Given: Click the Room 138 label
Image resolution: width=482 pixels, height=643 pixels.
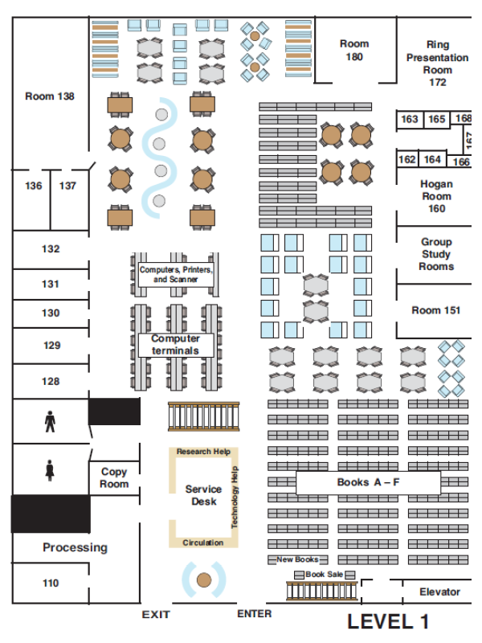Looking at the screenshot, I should [x=50, y=96].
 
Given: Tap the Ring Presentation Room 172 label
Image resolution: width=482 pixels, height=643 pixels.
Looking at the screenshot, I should [x=437, y=63].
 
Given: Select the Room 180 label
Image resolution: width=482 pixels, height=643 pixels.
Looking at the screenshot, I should [x=354, y=50].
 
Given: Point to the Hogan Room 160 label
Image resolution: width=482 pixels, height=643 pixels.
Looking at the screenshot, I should [x=436, y=196].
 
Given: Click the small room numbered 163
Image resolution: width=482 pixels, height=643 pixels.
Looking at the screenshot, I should [x=410, y=119].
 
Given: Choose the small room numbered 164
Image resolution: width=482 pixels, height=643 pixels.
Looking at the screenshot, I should [x=433, y=159].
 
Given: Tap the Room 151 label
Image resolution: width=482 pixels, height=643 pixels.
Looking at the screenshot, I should [x=436, y=310].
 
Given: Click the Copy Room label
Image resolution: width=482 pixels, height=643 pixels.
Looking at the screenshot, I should [x=114, y=478].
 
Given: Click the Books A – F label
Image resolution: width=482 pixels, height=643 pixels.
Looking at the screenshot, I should [x=368, y=483].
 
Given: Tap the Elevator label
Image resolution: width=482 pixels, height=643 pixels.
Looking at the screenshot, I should [x=439, y=592].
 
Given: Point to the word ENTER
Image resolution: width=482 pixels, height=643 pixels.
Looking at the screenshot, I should [x=254, y=614].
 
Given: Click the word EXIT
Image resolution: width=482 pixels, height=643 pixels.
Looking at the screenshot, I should [x=156, y=615].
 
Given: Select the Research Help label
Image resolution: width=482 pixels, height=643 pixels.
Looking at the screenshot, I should [x=203, y=452].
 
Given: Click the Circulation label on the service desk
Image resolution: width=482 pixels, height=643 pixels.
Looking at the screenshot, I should [x=203, y=543].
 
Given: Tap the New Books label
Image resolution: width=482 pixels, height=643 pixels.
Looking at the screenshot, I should [x=297, y=559].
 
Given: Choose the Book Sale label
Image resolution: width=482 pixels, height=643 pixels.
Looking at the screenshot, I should [x=324, y=575].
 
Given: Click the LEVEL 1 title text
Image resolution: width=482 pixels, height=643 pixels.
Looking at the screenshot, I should [x=388, y=621].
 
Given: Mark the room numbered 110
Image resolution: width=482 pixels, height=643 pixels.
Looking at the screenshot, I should [x=51, y=583].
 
